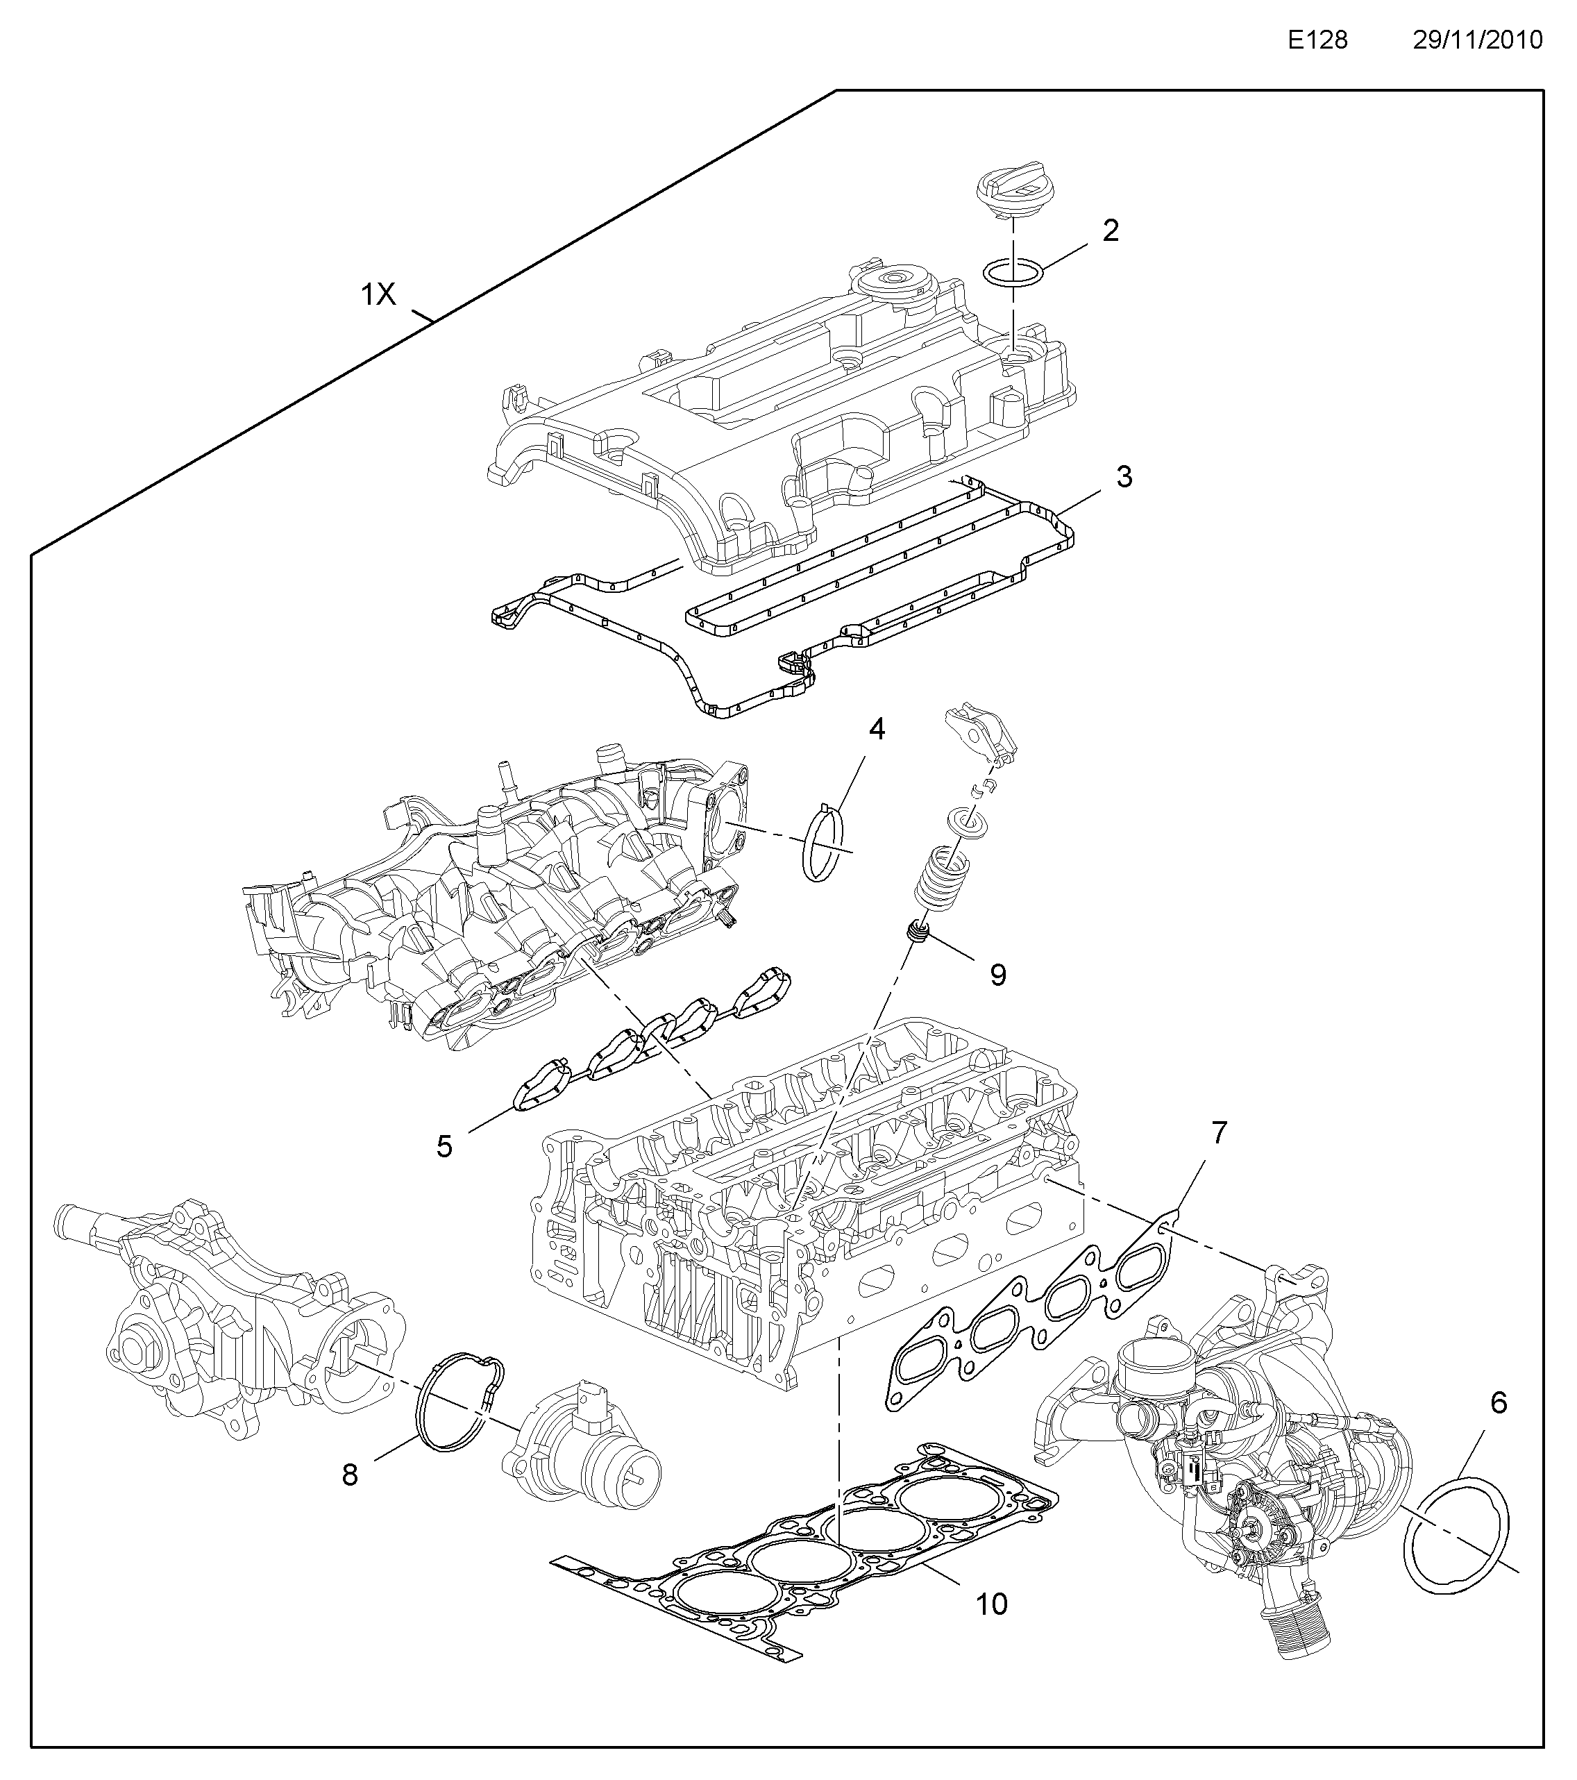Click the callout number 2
[1111, 230]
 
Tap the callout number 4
[877, 730]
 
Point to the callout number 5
[444, 1147]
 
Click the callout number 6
[1499, 1403]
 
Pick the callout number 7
[1219, 1133]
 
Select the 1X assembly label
[379, 296]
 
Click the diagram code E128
[1318, 40]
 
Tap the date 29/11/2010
[1477, 40]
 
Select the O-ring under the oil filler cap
[1015, 271]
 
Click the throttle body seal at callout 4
[824, 843]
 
